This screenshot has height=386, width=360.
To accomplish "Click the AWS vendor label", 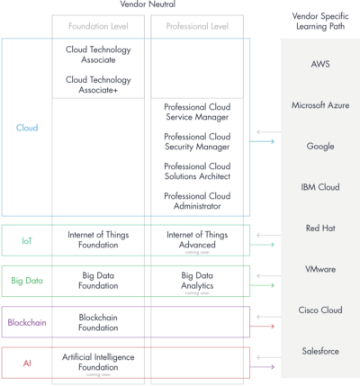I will (319, 64).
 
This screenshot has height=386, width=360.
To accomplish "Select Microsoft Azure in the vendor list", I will (319, 105).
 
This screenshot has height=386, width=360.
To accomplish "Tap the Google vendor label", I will (319, 146).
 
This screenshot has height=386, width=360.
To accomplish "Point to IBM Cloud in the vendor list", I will (319, 187).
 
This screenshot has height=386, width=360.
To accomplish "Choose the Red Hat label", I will (319, 228).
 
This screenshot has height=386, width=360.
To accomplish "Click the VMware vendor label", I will (319, 269).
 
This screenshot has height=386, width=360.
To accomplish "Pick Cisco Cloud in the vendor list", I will (319, 310).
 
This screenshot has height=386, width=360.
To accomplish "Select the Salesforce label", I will (319, 350).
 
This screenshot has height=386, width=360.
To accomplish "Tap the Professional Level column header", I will (196, 25).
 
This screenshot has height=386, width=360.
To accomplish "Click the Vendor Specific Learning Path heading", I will (319, 22).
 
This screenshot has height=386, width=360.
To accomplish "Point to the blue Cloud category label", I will (27, 128).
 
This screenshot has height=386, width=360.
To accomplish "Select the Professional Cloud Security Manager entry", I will (196, 141).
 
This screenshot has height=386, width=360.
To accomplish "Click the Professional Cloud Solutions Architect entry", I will (196, 171).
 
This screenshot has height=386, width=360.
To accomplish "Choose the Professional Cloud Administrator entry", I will (196, 201).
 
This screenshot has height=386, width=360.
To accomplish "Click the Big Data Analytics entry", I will (196, 279).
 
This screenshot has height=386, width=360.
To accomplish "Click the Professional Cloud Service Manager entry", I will (196, 112).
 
